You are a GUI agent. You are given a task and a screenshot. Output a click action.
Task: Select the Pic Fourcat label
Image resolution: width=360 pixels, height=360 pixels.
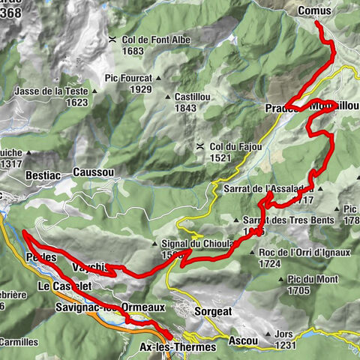click(129, 77)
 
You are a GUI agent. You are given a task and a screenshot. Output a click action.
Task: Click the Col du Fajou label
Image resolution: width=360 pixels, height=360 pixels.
click(235, 146)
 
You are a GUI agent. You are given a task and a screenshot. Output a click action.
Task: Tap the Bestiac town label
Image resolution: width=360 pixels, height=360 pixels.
click(24, 172)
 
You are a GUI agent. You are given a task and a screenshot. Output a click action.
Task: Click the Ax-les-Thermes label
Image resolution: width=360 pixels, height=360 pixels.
click(178, 347)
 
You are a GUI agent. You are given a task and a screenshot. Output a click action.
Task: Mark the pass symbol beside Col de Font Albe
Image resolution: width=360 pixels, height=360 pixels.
click(112, 39)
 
